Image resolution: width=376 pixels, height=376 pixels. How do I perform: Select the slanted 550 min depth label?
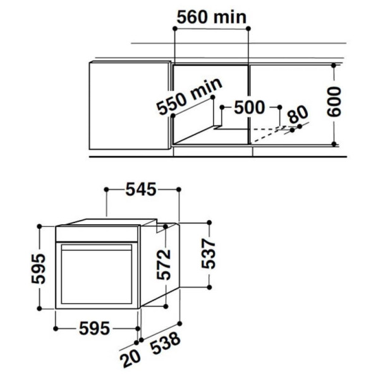click(190, 97)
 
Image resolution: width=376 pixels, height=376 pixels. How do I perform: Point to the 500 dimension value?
click(250, 107)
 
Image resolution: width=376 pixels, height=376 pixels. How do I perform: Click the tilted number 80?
click(298, 114)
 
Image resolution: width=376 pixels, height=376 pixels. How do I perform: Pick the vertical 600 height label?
click(334, 102)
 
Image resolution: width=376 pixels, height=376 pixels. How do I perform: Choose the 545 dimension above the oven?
click(141, 190)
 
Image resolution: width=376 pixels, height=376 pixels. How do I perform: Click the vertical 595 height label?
click(39, 269)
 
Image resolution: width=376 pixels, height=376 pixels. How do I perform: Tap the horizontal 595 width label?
click(95, 329)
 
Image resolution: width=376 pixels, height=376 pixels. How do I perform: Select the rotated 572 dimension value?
click(163, 265)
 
